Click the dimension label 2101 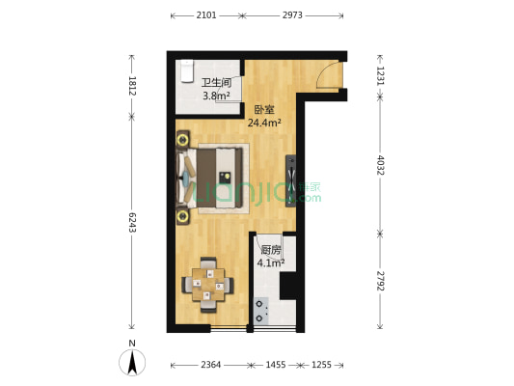click(x=206, y=15)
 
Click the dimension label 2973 click(x=292, y=15)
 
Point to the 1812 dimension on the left click(x=132, y=86)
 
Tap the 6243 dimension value click(x=132, y=223)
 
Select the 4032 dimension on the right click(x=380, y=165)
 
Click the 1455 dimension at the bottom click(x=276, y=365)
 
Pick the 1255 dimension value click(x=321, y=365)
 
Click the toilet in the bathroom click(x=187, y=71)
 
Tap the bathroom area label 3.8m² click(x=216, y=96)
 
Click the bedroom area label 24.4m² click(x=264, y=123)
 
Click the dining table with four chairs click(x=208, y=285)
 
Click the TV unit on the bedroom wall click(x=291, y=180)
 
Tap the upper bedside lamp click(x=182, y=140)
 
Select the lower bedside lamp click(x=182, y=216)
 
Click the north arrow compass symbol click(x=132, y=363)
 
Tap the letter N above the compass click(x=132, y=344)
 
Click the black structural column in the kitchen click(x=288, y=286)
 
